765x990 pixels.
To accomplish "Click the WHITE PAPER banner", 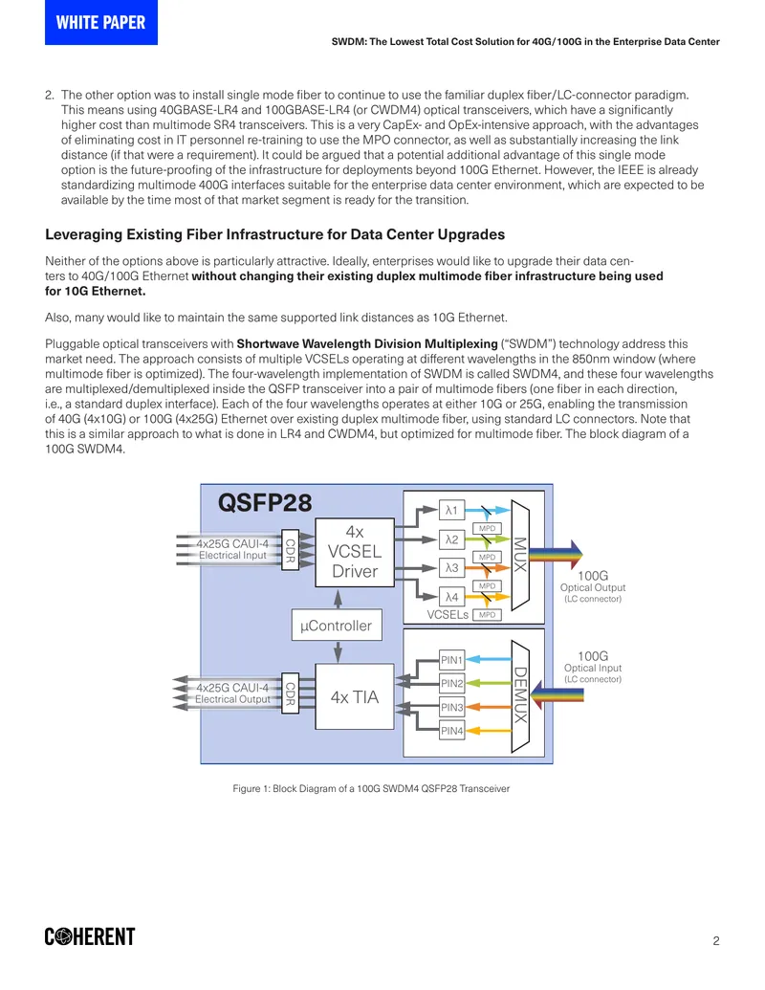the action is pyautogui.click(x=101, y=22).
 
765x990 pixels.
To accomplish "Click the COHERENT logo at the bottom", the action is pyautogui.click(x=90, y=936).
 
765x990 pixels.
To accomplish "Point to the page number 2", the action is pyautogui.click(x=716, y=941).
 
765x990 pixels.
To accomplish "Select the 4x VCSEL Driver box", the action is pyautogui.click(x=355, y=552).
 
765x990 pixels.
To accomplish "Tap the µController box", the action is pyautogui.click(x=337, y=625).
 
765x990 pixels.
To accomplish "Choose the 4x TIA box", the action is pyautogui.click(x=355, y=696).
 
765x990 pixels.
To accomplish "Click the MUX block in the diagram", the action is pyautogui.click(x=520, y=555).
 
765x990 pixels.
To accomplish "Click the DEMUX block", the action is pyautogui.click(x=520, y=695).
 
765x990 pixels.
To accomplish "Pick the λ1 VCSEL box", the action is pyautogui.click(x=451, y=510).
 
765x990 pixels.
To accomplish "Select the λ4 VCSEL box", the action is pyautogui.click(x=451, y=597).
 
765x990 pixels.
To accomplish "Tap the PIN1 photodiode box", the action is pyautogui.click(x=452, y=660).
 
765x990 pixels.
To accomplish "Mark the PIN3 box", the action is pyautogui.click(x=452, y=707).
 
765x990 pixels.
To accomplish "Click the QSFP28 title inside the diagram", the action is pyautogui.click(x=265, y=502).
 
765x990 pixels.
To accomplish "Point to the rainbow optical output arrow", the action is pyautogui.click(x=556, y=555).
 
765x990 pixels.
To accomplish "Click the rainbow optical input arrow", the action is pyautogui.click(x=557, y=695).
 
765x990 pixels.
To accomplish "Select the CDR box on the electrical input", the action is pyautogui.click(x=290, y=549).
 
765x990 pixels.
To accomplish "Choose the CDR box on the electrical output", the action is pyautogui.click(x=290, y=693).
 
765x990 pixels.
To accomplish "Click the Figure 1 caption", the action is pyautogui.click(x=371, y=788).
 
